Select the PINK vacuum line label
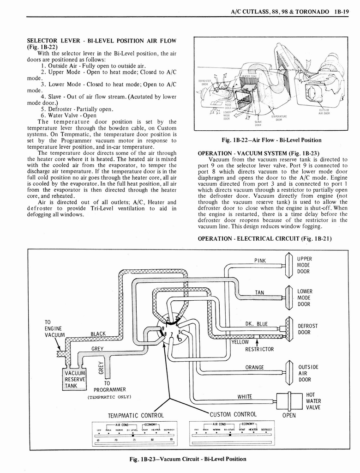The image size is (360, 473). click(260, 261)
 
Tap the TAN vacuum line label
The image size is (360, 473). click(260, 292)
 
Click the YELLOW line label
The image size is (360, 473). click(240, 342)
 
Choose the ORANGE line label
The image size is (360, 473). click(254, 368)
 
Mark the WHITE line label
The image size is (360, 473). click(245, 396)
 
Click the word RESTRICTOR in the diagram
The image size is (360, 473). click(259, 349)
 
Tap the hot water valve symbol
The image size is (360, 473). click(289, 400)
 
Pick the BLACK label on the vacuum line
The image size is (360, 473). click(99, 334)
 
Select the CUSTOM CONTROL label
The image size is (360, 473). click(233, 414)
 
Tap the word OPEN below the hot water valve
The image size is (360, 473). click(288, 415)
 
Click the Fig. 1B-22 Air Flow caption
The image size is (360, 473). click(271, 140)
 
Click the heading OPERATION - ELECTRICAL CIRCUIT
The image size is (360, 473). click(264, 238)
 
